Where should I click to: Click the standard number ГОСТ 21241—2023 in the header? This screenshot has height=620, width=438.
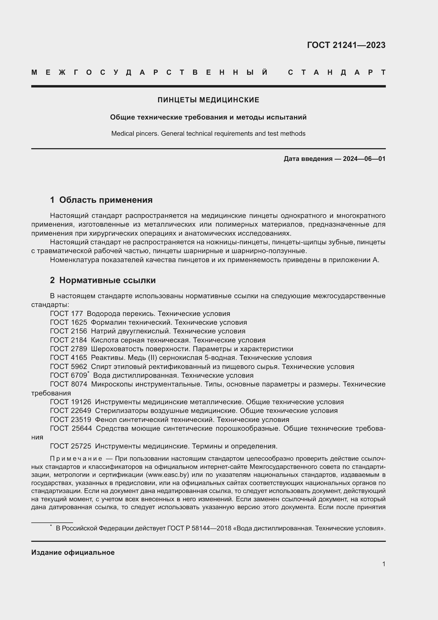point(346,45)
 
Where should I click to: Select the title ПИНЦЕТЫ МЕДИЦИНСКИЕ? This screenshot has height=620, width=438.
point(208,100)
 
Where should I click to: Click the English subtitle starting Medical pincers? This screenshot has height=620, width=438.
point(208,134)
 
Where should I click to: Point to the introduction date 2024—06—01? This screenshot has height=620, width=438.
point(364,159)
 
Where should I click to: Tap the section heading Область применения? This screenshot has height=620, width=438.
point(106,200)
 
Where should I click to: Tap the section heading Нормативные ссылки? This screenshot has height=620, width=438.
point(107,280)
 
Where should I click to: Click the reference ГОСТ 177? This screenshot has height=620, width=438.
point(66,314)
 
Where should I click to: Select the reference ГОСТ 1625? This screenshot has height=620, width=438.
point(69,322)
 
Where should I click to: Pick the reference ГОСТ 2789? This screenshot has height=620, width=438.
point(69,349)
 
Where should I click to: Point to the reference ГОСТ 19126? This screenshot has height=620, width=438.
point(70,402)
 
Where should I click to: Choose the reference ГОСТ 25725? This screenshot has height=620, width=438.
point(70,446)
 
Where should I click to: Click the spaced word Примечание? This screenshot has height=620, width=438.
point(76,459)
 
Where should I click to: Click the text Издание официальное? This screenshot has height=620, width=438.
point(73,552)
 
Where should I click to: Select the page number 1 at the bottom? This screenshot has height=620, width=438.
point(383,564)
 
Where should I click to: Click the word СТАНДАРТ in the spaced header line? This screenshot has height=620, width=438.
point(337,73)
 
